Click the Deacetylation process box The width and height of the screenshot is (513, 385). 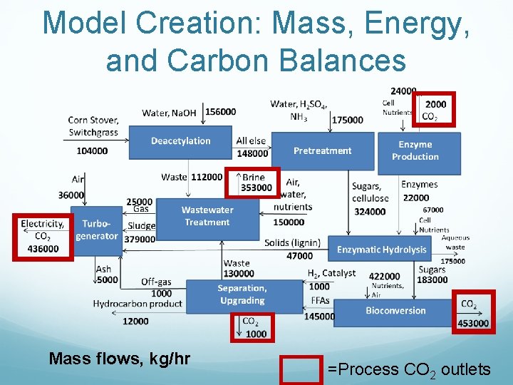point(180,142)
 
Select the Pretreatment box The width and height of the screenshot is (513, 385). point(322,150)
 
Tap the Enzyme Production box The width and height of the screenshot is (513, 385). point(415,151)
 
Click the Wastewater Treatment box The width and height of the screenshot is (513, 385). point(207,216)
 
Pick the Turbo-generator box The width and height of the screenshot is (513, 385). point(96,230)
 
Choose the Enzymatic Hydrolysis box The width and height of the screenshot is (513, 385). point(381,250)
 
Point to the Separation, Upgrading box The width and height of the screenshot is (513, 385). point(242,294)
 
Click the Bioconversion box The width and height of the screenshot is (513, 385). point(395,311)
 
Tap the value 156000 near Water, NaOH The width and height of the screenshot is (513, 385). point(220,112)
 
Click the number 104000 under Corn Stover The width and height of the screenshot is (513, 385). point(93,150)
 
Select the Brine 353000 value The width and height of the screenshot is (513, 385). point(256,188)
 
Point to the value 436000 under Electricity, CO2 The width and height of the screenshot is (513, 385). point(43,248)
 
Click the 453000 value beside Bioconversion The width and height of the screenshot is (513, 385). point(474,323)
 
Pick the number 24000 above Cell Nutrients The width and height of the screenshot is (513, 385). point(403,91)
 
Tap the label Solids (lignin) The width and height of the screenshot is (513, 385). point(287,243)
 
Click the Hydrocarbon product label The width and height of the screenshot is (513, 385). point(138,304)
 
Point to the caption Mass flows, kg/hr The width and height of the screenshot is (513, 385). point(119,358)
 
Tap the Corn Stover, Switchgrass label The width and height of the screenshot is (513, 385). point(93,126)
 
